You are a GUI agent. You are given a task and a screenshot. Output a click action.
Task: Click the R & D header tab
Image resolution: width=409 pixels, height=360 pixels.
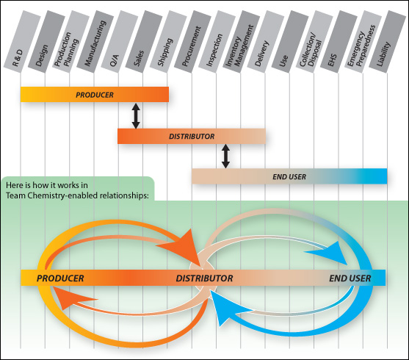(x=22, y=41)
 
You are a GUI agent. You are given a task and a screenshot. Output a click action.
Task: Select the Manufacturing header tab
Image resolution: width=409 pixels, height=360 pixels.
(x=95, y=41)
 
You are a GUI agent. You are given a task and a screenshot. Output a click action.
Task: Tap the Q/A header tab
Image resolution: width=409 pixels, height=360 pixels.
(x=120, y=41)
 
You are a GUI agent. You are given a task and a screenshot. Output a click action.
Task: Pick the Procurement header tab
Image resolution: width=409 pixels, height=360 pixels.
(x=193, y=41)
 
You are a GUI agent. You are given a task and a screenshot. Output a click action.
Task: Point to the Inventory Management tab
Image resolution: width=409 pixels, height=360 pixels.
(x=242, y=41)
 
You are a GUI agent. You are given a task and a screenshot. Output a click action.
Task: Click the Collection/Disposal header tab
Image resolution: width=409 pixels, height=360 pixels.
(x=314, y=41)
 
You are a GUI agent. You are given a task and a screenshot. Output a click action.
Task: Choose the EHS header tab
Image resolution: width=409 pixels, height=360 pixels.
(x=339, y=41)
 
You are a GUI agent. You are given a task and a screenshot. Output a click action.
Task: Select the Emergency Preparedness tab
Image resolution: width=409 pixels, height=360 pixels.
(x=363, y=41)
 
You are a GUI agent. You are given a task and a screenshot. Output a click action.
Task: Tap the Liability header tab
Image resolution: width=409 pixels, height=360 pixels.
(x=388, y=41)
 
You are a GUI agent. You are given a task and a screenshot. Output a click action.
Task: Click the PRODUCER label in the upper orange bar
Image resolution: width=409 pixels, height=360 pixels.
(x=95, y=95)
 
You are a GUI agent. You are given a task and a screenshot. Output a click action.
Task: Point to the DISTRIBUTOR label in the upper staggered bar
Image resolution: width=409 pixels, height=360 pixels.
(x=192, y=136)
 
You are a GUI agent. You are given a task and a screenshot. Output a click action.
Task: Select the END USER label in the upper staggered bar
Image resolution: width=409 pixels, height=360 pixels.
(x=289, y=177)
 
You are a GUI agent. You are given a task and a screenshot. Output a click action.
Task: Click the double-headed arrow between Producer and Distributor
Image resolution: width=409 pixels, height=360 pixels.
(x=136, y=116)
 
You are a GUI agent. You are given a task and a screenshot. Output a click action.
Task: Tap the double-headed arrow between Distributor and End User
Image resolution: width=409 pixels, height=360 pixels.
(x=225, y=156)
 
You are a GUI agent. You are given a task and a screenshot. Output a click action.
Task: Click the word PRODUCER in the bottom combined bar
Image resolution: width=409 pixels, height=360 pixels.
(x=60, y=278)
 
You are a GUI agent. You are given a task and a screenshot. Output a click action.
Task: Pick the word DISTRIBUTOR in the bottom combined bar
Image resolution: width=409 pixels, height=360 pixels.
(x=204, y=278)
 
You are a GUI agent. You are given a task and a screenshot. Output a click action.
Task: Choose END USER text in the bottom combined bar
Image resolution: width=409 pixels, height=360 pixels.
(x=350, y=278)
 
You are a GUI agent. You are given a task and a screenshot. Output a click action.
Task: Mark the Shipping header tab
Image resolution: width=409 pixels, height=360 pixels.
(x=168, y=41)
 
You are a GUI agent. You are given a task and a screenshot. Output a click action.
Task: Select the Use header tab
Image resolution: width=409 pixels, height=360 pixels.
(x=290, y=41)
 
